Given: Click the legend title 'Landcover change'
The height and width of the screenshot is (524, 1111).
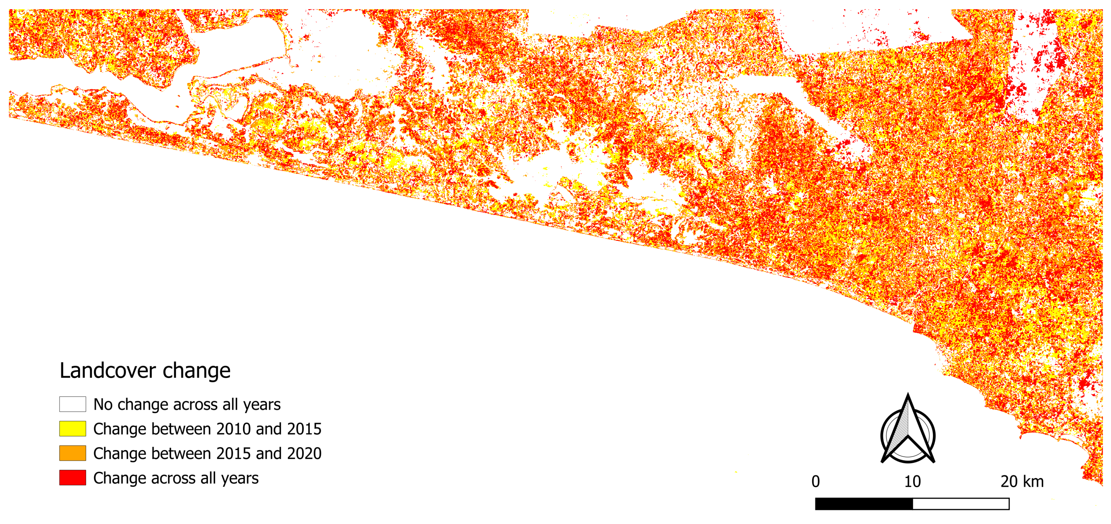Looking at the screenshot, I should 145,371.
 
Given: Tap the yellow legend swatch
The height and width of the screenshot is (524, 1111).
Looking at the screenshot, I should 72,429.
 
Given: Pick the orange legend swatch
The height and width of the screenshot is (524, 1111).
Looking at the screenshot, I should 72,453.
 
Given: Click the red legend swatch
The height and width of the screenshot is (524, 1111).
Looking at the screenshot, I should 72,478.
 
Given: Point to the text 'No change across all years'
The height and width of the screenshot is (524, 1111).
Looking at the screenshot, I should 187,405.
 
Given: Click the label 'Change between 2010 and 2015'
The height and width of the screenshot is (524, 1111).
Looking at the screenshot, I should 207,429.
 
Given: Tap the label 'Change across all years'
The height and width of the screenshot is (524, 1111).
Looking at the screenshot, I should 176,478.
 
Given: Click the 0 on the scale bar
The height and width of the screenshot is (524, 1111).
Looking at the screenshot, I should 816,481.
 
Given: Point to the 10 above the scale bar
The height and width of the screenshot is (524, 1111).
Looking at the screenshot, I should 912,481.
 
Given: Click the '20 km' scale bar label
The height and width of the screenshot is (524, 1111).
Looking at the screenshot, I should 1022,481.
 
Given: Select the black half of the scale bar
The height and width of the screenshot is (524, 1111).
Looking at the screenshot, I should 864,504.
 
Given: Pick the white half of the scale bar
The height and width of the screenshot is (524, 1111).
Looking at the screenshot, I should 961,504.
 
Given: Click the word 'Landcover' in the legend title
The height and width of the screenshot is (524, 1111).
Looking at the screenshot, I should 108,371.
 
